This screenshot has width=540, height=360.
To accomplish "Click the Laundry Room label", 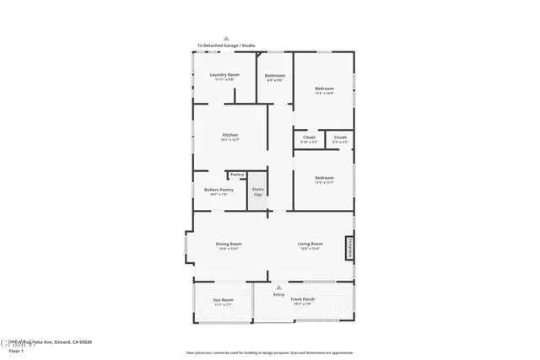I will pos(224,75).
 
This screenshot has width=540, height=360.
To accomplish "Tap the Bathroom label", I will pos(276,76).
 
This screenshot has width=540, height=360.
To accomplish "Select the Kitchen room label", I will pos(230,135).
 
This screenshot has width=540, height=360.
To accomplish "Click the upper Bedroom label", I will pos(325,89).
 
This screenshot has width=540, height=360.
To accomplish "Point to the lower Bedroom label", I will pos(325,178).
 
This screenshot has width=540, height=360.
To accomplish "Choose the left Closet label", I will pos(309,137).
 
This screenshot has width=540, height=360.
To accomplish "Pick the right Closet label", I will pos(340,137).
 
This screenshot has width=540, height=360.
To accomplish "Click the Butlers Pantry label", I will pos(219,190).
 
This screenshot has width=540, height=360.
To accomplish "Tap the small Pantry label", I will pos(237,175).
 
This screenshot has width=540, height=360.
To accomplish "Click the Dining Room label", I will pos(229,244).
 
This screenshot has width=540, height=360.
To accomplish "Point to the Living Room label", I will pos(310,244).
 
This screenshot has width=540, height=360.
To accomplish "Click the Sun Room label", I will pos(223,300).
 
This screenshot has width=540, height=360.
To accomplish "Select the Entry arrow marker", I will pos(278,287).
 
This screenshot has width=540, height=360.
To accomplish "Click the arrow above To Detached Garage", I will pos(226,38).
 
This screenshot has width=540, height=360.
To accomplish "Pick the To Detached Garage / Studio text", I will pos(226,46).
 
